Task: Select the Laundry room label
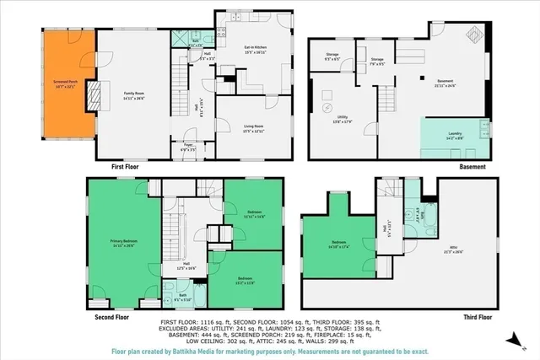click(x=454, y=136)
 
